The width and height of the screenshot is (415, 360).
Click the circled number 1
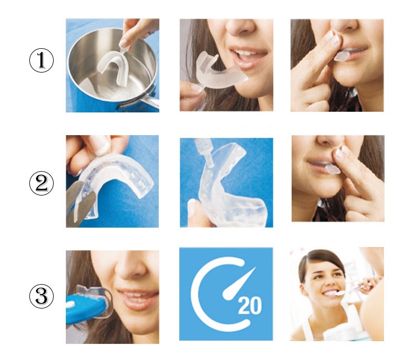click(x=41, y=60)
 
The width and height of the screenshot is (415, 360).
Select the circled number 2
click(x=41, y=183)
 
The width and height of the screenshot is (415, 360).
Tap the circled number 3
click(x=41, y=296)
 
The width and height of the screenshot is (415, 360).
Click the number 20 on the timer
click(x=250, y=306)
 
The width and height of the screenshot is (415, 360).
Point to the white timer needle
click(x=238, y=284)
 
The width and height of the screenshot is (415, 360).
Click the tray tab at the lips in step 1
click(x=342, y=56)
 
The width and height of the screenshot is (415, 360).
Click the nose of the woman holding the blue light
click(x=131, y=269)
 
